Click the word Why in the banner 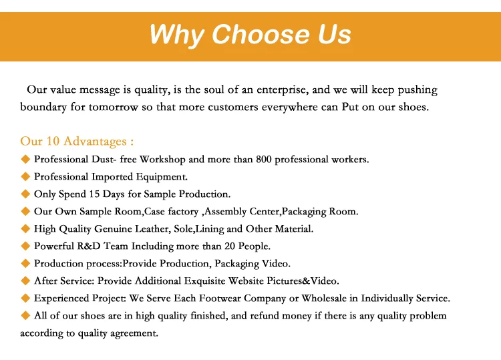177,35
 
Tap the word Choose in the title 261,34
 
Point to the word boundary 43,107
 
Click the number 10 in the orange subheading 53,141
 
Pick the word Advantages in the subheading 95,142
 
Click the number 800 264,159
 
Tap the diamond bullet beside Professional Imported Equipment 25,176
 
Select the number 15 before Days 94,194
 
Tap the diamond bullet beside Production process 25,263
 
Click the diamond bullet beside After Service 25,281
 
